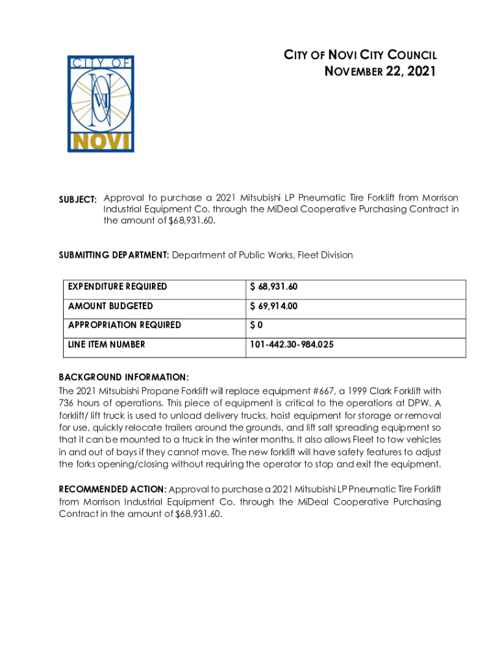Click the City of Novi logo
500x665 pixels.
[101, 104]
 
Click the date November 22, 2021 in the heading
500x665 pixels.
[380, 71]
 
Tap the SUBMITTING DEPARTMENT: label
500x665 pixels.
[114, 255]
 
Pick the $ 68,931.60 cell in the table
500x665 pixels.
[274, 286]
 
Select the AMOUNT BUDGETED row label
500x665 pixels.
[110, 306]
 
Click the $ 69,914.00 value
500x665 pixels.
[275, 306]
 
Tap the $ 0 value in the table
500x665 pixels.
[256, 325]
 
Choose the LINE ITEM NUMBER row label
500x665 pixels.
[106, 344]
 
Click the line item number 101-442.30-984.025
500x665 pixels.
[292, 345]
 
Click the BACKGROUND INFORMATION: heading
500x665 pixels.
[124, 377]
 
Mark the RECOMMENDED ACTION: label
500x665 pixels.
[112, 488]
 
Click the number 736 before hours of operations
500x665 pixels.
[68, 403]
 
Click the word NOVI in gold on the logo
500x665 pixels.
[101, 142]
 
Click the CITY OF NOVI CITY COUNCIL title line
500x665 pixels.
[360, 55]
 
